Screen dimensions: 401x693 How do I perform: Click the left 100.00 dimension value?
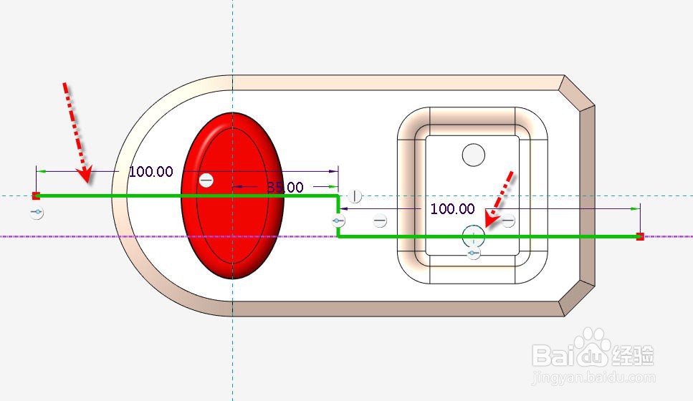150,172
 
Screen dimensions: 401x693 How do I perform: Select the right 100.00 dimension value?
452,209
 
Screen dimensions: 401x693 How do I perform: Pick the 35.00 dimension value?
285,188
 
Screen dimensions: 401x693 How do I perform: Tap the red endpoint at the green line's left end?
36,195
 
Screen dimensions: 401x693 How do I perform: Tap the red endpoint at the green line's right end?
640,236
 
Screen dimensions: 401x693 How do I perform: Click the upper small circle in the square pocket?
474,154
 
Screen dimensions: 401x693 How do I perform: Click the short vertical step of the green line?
338,216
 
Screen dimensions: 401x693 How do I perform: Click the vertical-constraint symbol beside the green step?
355,197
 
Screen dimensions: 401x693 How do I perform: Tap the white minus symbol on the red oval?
206,180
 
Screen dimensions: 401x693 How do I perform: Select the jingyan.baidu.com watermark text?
593,377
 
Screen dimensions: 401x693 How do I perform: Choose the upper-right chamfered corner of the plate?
578,92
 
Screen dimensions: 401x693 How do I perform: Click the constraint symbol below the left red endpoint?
37,213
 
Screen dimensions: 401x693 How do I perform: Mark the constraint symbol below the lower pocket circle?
473,253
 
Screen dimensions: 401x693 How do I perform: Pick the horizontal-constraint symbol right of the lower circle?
508,221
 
